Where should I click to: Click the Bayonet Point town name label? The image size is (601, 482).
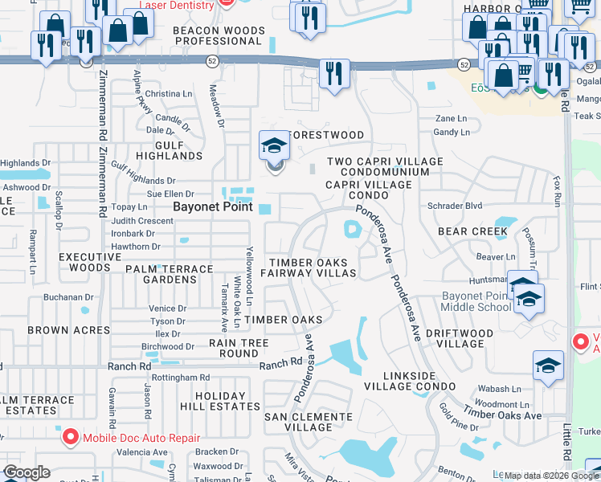[x=214, y=206]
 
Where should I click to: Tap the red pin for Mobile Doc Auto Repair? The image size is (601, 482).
[x=71, y=436]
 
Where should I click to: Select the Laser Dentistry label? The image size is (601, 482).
[x=177, y=5]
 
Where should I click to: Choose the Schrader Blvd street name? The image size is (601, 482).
[x=451, y=206]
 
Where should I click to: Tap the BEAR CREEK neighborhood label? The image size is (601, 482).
[x=472, y=231]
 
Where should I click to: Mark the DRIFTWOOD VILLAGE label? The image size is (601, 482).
[x=480, y=338]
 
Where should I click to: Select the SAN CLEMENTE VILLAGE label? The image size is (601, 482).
[x=310, y=422]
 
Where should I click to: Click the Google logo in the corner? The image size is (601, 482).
[x=27, y=472]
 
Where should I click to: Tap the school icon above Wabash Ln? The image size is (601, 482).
[x=547, y=365]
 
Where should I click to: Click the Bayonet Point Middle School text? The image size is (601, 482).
[x=475, y=302]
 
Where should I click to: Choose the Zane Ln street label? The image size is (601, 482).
[x=450, y=118]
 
